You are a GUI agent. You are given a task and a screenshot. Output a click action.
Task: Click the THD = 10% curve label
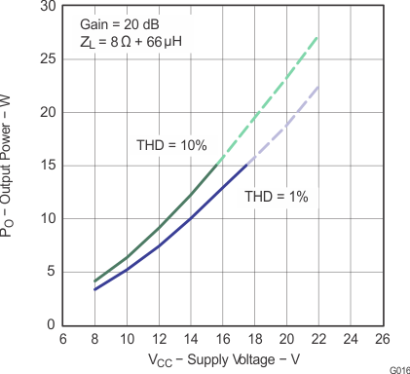[171, 145]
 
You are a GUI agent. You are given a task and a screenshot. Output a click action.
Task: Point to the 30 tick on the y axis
[47, 6]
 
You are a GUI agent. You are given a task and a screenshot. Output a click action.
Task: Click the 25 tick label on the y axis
[47, 58]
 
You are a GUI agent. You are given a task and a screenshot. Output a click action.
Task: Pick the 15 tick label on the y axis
[47, 165]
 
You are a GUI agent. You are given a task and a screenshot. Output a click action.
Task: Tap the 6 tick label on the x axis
[62, 339]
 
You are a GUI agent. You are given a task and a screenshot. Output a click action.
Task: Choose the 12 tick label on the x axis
[159, 339]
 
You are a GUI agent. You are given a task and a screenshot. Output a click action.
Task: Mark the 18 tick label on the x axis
[254, 339]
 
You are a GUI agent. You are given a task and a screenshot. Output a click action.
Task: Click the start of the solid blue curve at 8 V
[94, 289]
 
